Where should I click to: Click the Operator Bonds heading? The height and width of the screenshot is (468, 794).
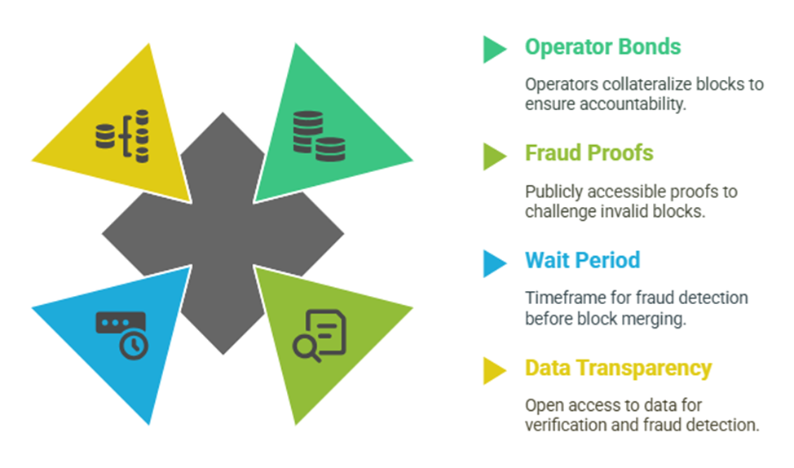602,47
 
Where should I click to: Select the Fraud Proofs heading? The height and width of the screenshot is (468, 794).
589,153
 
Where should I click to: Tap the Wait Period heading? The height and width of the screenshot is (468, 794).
582,260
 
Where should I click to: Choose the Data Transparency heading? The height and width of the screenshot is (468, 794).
618,369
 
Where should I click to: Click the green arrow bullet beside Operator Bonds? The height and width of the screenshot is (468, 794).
494,49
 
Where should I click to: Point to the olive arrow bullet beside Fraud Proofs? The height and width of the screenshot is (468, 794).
494,156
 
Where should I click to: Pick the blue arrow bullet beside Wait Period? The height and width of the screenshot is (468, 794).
494,263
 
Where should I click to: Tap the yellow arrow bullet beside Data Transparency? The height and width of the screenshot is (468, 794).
494,371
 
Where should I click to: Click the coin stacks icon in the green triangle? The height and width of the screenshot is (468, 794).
319,135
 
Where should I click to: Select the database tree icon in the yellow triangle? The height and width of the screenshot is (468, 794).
122,135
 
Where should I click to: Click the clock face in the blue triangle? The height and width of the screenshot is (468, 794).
134,346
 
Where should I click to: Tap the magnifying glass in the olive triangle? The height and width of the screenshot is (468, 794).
306,349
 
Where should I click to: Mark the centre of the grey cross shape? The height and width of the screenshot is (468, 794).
223,233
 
